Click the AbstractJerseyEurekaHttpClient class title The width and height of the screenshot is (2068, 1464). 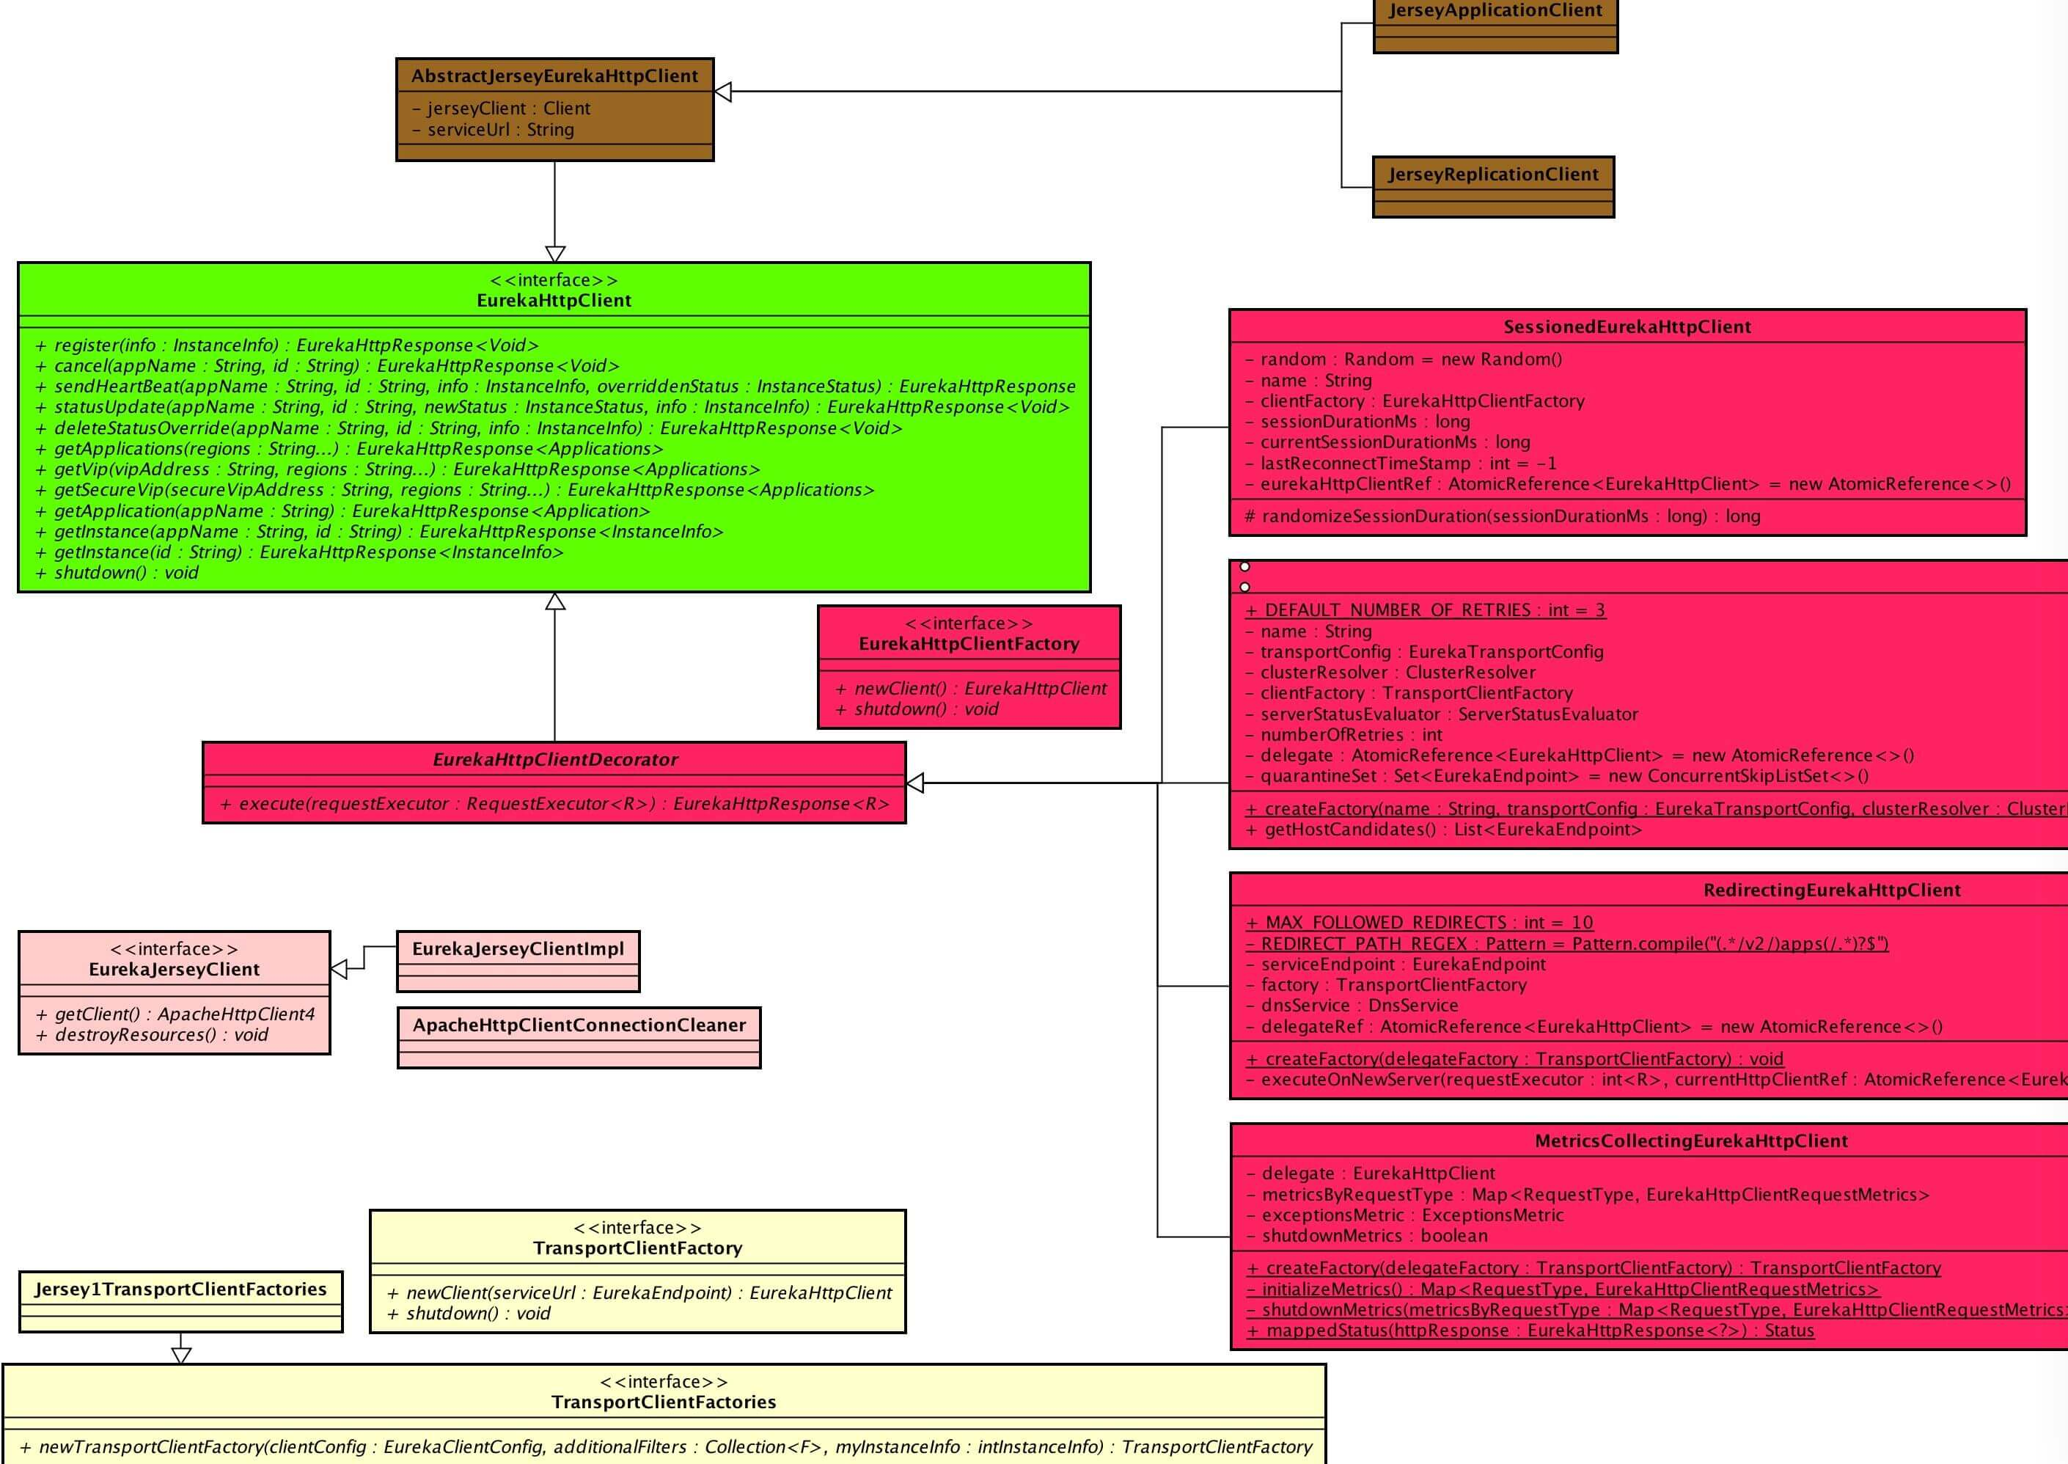[x=554, y=76]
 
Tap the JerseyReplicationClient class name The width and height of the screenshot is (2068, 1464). [x=1493, y=175]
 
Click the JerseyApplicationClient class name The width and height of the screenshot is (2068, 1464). [x=1495, y=11]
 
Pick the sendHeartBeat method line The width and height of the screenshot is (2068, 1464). [x=555, y=387]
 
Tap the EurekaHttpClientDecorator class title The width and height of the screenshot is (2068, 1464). [x=554, y=760]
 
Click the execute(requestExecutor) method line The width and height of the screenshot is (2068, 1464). [x=554, y=804]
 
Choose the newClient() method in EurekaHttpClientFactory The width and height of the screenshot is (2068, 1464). [x=970, y=689]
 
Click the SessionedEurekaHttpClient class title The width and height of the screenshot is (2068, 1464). [x=1627, y=327]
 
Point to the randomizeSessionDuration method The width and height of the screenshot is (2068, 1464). [x=1502, y=516]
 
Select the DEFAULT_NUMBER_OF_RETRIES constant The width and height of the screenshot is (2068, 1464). [x=1425, y=610]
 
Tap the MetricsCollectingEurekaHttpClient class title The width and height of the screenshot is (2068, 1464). [x=1690, y=1141]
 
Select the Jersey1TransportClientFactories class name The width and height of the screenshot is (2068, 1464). [x=180, y=1290]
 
